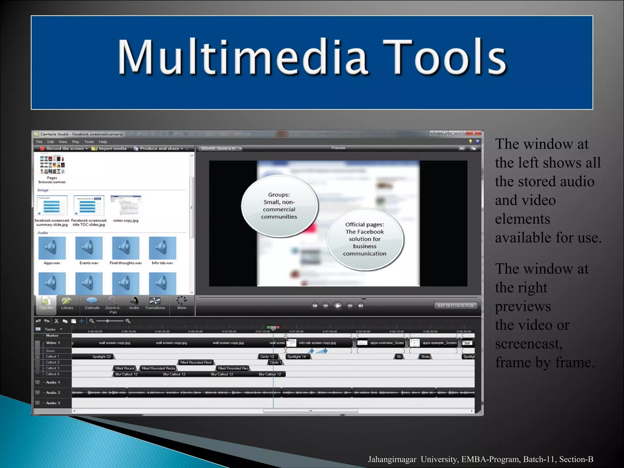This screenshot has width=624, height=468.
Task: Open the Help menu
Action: tap(103, 142)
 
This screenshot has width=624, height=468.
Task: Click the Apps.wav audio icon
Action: tap(52, 248)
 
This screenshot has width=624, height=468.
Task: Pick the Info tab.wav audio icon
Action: tap(162, 248)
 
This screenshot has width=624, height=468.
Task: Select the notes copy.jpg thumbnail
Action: tap(126, 206)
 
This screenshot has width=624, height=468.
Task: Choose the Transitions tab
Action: tap(155, 303)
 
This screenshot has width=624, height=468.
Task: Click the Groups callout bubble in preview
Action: tap(279, 206)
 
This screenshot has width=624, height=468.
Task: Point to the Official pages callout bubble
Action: tap(365, 239)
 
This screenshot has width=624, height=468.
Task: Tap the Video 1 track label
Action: tap(53, 343)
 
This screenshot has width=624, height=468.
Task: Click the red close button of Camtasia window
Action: tap(474, 133)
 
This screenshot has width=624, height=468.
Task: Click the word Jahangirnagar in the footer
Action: tap(392, 459)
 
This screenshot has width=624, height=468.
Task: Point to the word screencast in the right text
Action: tap(528, 344)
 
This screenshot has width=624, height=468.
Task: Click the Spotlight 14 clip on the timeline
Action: tap(297, 356)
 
